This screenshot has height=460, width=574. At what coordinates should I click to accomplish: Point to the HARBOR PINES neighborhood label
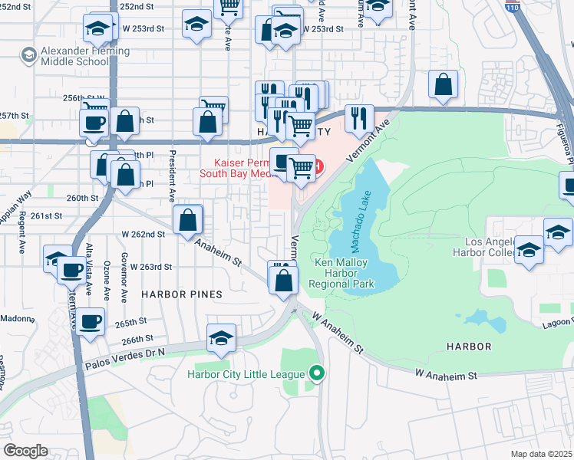tap(182, 294)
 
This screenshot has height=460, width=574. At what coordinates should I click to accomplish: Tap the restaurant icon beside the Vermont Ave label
tap(358, 118)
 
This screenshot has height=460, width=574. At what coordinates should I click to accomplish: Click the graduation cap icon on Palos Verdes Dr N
tap(221, 338)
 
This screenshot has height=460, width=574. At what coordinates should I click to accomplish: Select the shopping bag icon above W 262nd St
tap(188, 220)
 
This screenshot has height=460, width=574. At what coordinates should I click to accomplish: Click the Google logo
tap(26, 450)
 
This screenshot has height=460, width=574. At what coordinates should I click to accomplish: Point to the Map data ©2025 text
tap(542, 454)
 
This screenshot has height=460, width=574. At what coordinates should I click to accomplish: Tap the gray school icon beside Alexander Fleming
tap(28, 55)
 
